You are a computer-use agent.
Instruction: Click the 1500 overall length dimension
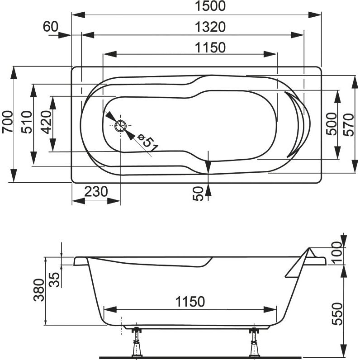[x=210, y=6]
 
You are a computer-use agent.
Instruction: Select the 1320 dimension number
[x=210, y=27]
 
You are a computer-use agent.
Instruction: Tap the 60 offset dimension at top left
[x=51, y=27]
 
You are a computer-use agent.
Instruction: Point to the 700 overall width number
[x=7, y=122]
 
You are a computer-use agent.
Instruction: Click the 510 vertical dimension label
[x=27, y=122]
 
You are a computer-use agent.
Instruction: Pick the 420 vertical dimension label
[x=46, y=122]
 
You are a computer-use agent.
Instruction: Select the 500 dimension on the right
[x=332, y=124]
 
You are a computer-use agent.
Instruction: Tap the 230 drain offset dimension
[x=96, y=191]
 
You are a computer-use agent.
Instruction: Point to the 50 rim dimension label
[x=198, y=194]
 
